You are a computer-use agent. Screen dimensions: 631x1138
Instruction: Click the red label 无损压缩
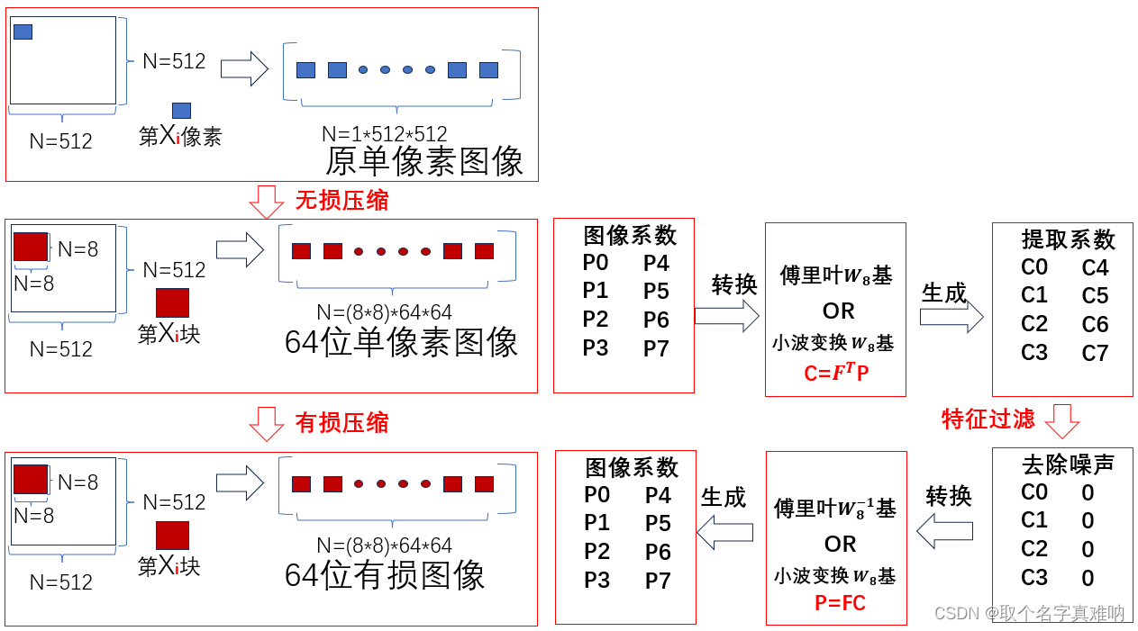pyautogui.click(x=341, y=200)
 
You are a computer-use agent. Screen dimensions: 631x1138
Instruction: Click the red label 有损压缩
pyautogui.click(x=341, y=422)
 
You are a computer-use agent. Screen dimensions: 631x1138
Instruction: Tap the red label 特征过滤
pyautogui.click(x=988, y=419)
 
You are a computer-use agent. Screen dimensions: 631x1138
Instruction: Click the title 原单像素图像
pyautogui.click(x=424, y=161)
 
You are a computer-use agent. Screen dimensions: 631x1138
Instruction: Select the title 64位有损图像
pyautogui.click(x=385, y=575)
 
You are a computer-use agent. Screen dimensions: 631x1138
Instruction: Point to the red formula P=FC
pyautogui.click(x=840, y=603)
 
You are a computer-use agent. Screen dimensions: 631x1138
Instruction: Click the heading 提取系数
pyautogui.click(x=1069, y=239)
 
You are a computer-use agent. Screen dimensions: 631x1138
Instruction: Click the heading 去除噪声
pyautogui.click(x=1068, y=464)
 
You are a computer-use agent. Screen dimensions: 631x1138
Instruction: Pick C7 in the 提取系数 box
pyautogui.click(x=1095, y=353)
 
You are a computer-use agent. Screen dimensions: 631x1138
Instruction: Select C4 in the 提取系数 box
pyautogui.click(x=1095, y=267)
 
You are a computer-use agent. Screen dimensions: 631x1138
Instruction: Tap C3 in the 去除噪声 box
pyautogui.click(x=1034, y=578)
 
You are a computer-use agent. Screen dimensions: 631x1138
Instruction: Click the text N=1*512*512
pyautogui.click(x=385, y=134)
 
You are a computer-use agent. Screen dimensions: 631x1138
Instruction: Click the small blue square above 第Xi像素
pyautogui.click(x=181, y=111)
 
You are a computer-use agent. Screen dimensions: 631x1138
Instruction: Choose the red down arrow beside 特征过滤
pyautogui.click(x=1061, y=420)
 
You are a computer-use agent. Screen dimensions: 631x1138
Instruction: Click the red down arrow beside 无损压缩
pyautogui.click(x=266, y=202)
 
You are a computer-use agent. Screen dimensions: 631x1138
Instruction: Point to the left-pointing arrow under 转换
pyautogui.click(x=945, y=530)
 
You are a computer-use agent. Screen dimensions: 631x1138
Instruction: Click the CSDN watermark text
pyautogui.click(x=1029, y=613)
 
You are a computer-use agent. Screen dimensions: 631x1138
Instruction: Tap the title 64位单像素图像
pyautogui.click(x=401, y=342)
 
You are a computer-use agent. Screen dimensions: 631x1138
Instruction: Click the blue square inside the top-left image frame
pyautogui.click(x=23, y=32)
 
